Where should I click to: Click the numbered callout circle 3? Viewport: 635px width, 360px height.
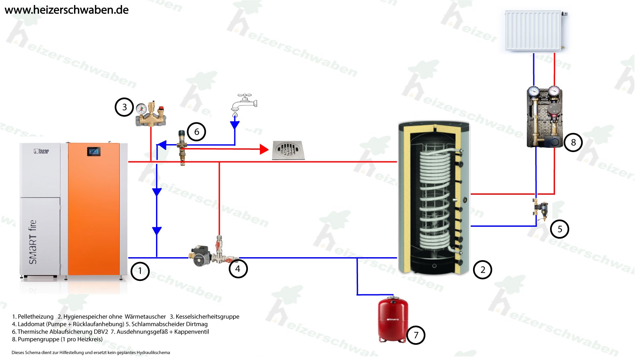[x=124, y=107]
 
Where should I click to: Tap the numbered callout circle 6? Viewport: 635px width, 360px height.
[x=196, y=132]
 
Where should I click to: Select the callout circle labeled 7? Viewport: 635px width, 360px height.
[x=416, y=335]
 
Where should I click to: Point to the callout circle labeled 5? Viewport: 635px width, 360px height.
[x=560, y=229]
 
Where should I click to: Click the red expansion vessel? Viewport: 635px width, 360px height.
[x=393, y=319]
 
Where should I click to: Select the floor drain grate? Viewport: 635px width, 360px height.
[x=287, y=150]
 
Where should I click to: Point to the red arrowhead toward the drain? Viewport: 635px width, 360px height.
[x=264, y=149]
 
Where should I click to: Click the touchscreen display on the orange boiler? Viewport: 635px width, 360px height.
[x=94, y=151]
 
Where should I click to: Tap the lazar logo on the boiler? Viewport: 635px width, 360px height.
[x=41, y=151]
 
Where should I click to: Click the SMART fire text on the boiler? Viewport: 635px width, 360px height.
[x=33, y=242]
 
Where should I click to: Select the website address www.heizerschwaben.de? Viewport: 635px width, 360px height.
[x=67, y=10]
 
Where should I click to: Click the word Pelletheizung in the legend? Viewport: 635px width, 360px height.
[x=35, y=317]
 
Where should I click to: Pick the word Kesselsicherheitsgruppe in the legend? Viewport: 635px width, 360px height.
[x=207, y=317]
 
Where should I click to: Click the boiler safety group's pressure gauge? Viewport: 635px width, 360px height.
[x=142, y=108]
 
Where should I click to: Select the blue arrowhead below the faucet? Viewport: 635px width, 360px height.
[x=235, y=125]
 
